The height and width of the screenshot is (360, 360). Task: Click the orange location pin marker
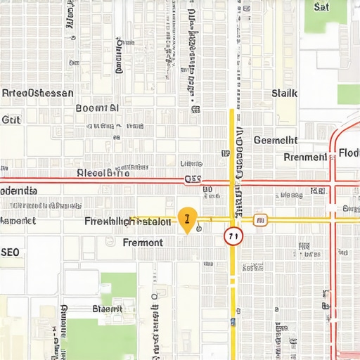186,219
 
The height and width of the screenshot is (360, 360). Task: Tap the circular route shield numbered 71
233,236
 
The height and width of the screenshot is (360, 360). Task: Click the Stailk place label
284,93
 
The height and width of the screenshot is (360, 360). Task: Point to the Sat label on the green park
321,8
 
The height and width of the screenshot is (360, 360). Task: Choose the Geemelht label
275,140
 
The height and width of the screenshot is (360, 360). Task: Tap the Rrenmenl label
305,157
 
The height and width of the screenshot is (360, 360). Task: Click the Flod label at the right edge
348,153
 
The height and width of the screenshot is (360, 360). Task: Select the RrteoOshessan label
37,92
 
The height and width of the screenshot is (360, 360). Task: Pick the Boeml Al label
96,108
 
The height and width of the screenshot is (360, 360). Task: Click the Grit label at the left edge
11,120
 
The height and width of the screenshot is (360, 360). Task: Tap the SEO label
10,251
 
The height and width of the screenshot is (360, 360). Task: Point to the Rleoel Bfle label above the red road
103,173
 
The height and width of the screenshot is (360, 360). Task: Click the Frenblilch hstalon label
127,221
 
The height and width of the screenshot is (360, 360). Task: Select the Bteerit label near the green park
107,309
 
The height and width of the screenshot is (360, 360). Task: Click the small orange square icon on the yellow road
259,220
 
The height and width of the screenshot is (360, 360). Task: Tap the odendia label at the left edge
18,191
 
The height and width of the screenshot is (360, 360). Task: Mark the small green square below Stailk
348,94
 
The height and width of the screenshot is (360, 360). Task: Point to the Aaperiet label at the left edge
18,221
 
